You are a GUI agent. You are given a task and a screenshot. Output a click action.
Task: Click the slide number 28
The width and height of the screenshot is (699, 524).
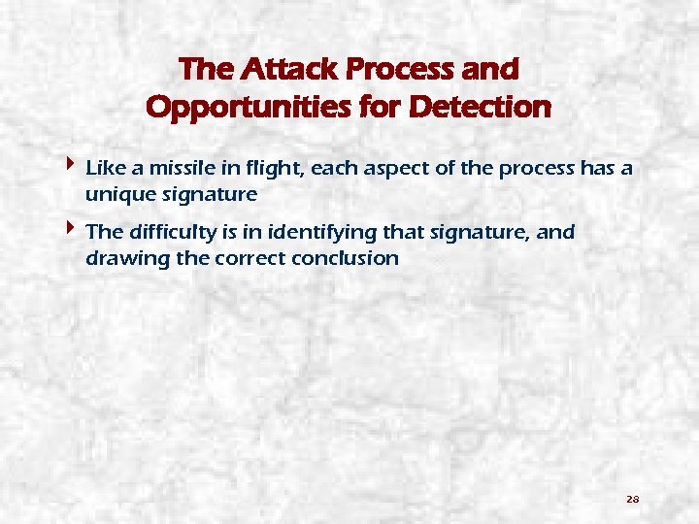(632, 499)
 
